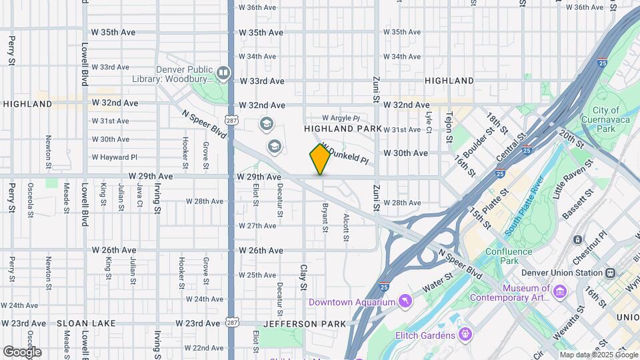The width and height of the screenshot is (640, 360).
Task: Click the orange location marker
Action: (320, 159)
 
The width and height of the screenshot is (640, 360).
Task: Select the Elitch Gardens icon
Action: (465, 334)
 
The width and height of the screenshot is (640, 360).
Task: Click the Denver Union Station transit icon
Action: (610, 272)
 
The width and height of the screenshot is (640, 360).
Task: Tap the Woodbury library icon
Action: (223, 73)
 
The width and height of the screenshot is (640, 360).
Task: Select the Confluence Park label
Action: (509, 256)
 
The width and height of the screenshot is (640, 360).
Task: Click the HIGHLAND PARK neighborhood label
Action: (343, 128)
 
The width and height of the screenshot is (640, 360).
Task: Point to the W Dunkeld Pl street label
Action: (345, 153)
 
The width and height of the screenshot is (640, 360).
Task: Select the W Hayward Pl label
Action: (114, 157)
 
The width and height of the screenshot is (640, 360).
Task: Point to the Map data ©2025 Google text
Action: (598, 355)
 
